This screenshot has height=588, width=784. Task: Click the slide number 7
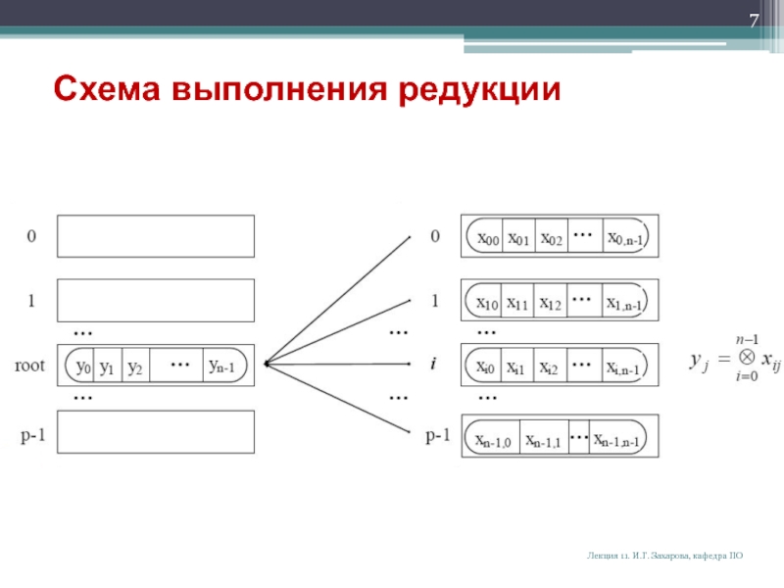(x=755, y=22)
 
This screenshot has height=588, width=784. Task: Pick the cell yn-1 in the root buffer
(x=227, y=367)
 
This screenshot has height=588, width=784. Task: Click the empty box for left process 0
(x=156, y=236)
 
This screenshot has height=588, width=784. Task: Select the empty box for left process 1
(x=156, y=301)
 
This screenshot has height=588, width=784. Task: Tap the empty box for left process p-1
(x=156, y=432)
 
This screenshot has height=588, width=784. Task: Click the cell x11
(x=518, y=304)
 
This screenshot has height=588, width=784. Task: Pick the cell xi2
(x=550, y=368)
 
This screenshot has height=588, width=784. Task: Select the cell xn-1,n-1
(x=616, y=440)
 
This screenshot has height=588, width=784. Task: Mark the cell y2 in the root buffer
(x=136, y=367)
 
